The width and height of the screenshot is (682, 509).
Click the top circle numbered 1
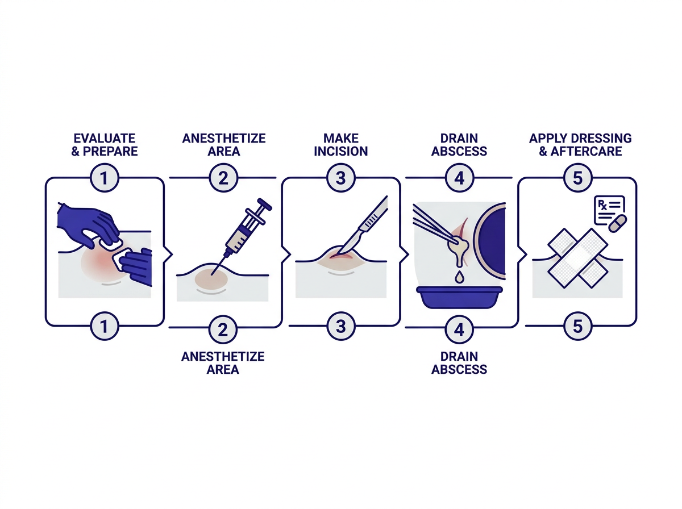pyautogui.click(x=105, y=178)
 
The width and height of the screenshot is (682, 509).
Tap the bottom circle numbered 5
pyautogui.click(x=577, y=326)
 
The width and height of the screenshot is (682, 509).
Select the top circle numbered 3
pyautogui.click(x=341, y=178)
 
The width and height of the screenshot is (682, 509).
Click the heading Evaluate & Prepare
pyautogui.click(x=105, y=145)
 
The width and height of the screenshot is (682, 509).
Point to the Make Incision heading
pyautogui.click(x=341, y=145)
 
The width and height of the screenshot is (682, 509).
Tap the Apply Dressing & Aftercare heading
pyautogui.click(x=580, y=145)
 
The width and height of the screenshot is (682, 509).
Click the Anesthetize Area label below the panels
pyautogui.click(x=223, y=363)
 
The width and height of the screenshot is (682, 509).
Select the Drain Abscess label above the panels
pyautogui.click(x=459, y=145)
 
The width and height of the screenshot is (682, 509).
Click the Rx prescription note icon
pyautogui.click(x=608, y=210)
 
